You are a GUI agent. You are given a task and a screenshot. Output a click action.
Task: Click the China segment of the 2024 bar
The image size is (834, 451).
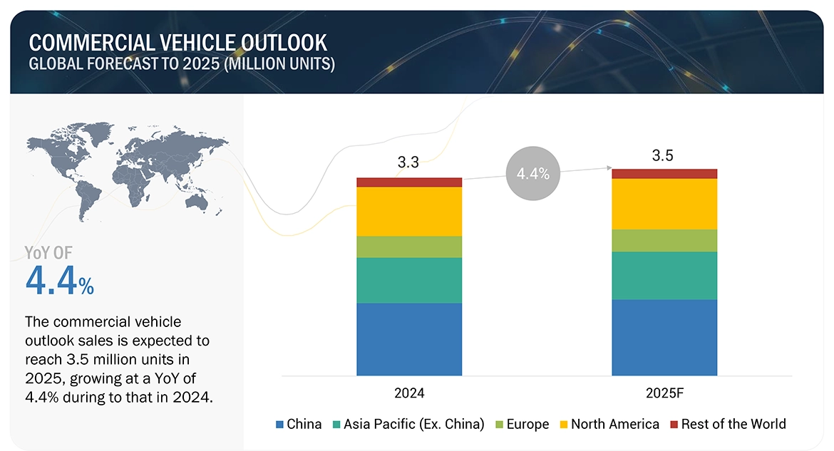pos(409,339)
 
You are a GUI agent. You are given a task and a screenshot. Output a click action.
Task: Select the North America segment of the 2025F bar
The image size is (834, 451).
pos(664,204)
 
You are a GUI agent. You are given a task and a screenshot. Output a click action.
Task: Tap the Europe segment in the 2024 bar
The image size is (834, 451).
pos(409,247)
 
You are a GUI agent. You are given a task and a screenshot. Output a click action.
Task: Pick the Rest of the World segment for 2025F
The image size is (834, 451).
pos(664,174)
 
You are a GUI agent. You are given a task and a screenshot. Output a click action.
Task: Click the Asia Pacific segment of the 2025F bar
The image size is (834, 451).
pos(664,275)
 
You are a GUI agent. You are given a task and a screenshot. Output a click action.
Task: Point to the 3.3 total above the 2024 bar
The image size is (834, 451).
pos(408,163)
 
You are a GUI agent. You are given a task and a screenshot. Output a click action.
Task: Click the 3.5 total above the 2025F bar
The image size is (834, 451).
pos(663,155)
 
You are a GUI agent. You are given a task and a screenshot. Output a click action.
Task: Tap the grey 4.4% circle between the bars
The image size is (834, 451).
pos(533,173)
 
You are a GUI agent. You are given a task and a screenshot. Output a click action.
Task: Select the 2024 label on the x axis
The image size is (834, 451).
pos(409,393)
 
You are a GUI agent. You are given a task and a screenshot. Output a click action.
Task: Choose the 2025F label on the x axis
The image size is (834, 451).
pos(664,393)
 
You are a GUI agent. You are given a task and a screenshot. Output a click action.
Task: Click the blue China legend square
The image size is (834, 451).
pos(279,425)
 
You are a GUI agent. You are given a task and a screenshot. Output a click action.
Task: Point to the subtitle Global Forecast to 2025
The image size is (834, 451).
pos(181,64)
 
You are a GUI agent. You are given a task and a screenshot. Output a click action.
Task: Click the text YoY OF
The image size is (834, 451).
pos(48,252)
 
